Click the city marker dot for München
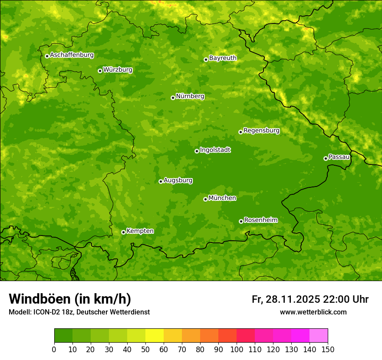[205, 199]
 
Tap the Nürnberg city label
[190, 96]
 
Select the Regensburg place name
[261, 131]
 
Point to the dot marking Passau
[326, 158]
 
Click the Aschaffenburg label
[72, 55]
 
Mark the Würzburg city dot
[100, 71]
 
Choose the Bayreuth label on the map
[223, 58]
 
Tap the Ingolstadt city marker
[197, 151]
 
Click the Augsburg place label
[178, 180]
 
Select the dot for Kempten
[123, 232]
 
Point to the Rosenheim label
[260, 220]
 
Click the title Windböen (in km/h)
[70, 299]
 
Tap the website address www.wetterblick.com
[313, 312]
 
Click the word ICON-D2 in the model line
[44, 312]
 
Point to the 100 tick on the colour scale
[237, 349]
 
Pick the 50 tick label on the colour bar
[145, 349]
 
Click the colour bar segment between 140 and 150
[319, 336]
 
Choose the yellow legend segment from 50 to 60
[155, 336]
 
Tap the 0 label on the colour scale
[54, 349]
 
